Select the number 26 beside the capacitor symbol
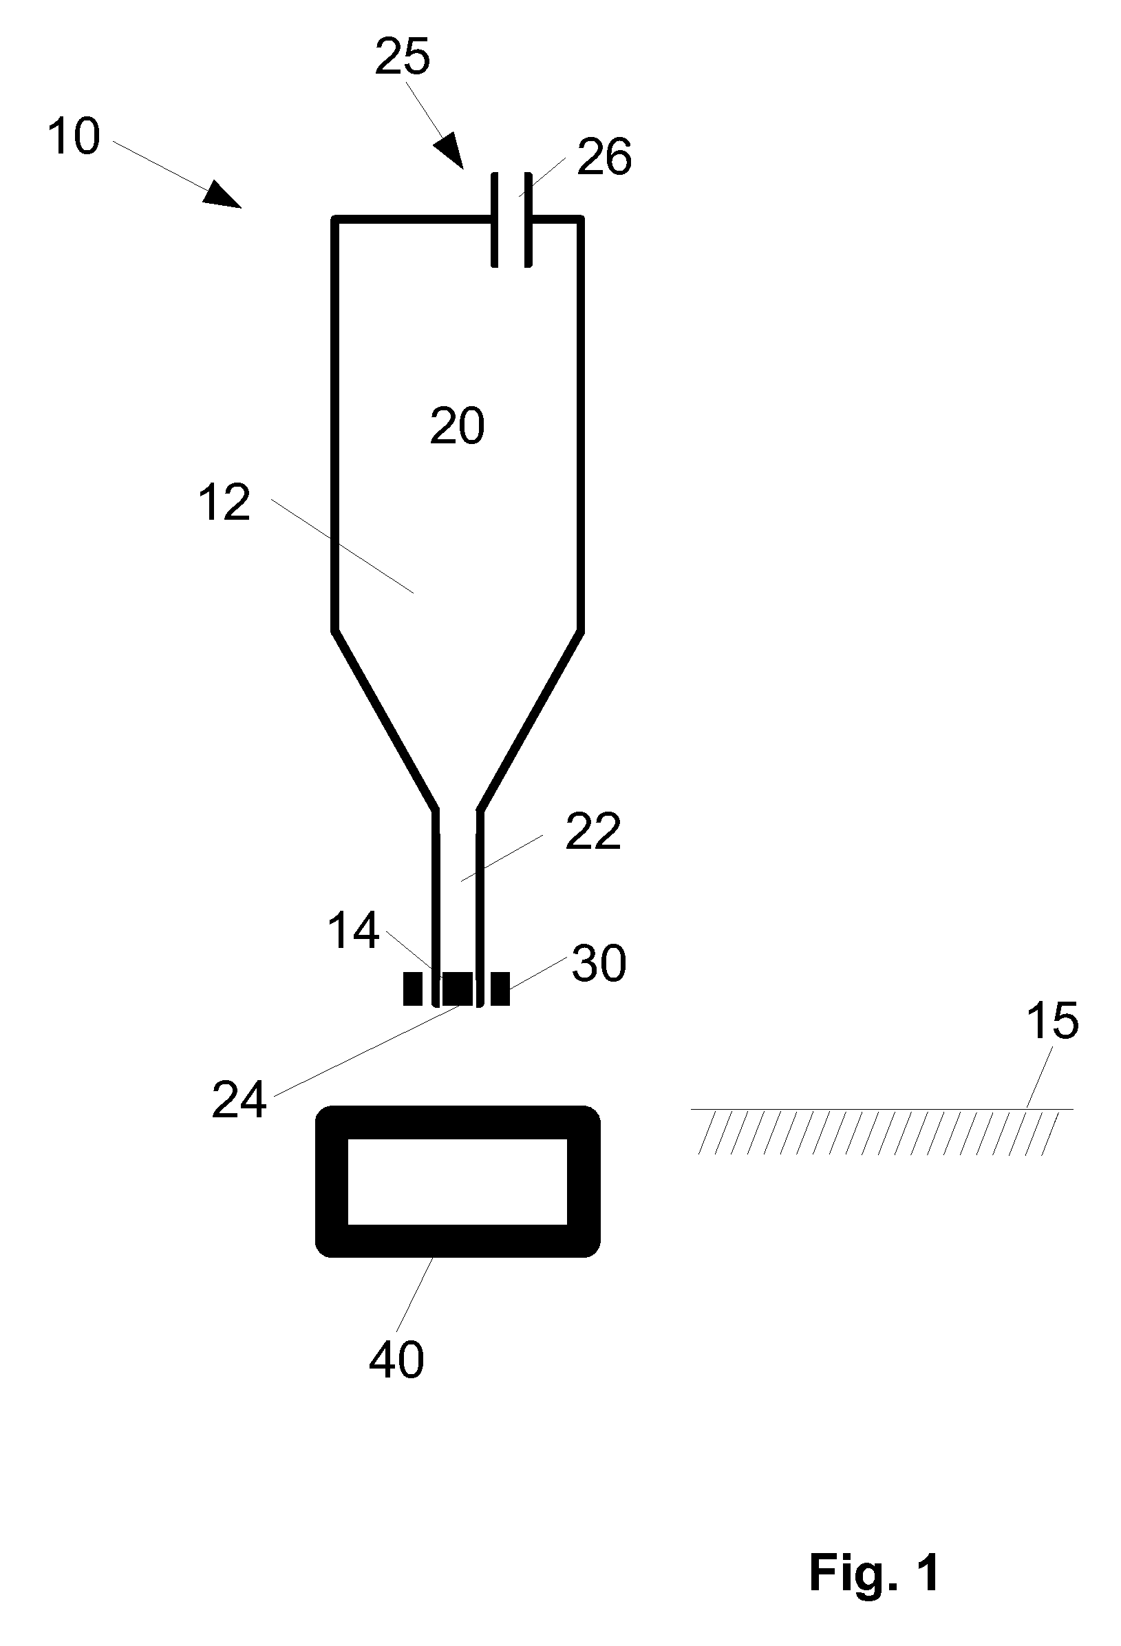coord(604,156)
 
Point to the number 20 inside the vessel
coord(458,425)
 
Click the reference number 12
coord(224,503)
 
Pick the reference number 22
coord(593,832)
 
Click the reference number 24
coord(239,1100)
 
